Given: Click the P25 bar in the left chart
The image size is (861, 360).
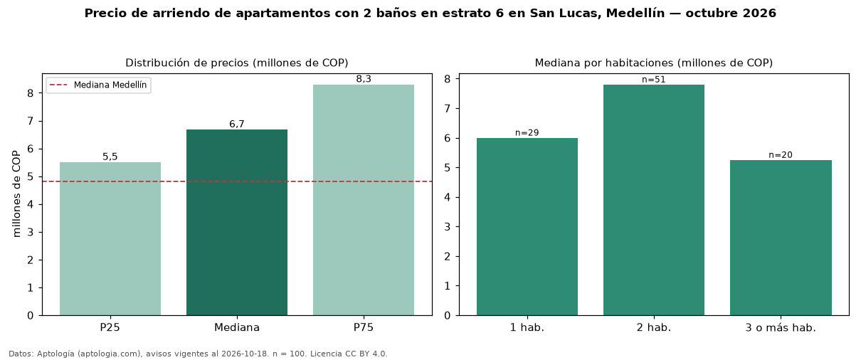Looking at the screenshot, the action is point(110,238).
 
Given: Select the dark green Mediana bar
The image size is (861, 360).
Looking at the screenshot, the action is point(237,223).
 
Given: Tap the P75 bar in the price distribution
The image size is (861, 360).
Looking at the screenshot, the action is point(364,200).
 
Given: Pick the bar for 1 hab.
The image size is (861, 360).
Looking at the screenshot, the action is point(527,227).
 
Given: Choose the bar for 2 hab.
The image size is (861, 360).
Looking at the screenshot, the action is point(654,200).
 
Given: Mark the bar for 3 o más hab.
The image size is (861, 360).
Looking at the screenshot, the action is point(781,238).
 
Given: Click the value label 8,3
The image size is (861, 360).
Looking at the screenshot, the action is point(364,79).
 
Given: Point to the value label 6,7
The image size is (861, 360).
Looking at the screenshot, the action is point(237,124).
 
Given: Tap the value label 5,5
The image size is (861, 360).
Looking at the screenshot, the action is point(110,157).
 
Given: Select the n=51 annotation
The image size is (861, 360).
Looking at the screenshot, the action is point(653,80).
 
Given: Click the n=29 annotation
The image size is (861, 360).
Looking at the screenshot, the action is point(527,132).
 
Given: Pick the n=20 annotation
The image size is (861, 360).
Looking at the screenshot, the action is point(781,155).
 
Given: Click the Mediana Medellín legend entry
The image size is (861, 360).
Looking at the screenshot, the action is point(98,85).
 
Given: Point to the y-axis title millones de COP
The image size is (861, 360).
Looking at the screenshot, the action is point(16,194).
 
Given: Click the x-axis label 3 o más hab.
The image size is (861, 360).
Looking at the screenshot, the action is point(781,328).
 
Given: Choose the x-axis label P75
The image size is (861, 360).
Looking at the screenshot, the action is point(364,327).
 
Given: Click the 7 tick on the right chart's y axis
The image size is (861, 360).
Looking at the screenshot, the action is point(447,108).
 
